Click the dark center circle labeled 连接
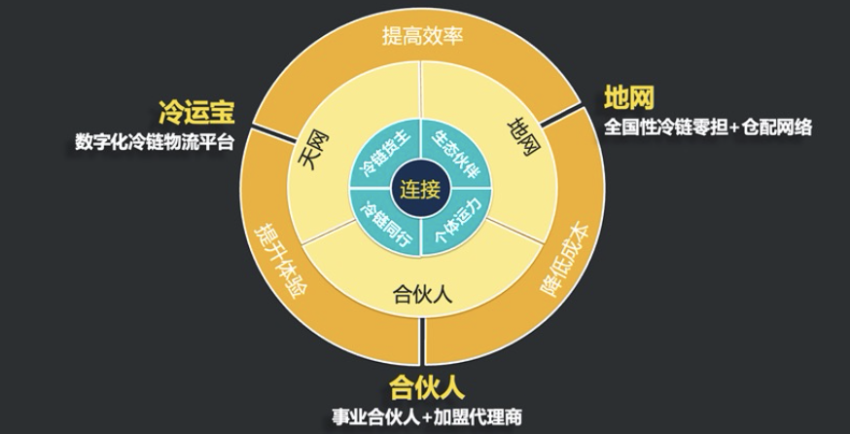[420, 189]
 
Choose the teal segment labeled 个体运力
[455, 223]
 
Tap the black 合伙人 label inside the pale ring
[422, 295]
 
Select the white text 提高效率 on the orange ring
[422, 36]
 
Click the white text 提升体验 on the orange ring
[280, 257]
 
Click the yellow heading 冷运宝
[196, 113]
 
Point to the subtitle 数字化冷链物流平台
[155, 142]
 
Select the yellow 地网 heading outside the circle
[629, 98]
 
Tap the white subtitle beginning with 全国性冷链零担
[708, 127]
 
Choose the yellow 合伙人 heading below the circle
[427, 388]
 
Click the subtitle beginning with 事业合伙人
[427, 417]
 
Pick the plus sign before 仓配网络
[734, 128]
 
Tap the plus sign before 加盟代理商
[428, 417]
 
